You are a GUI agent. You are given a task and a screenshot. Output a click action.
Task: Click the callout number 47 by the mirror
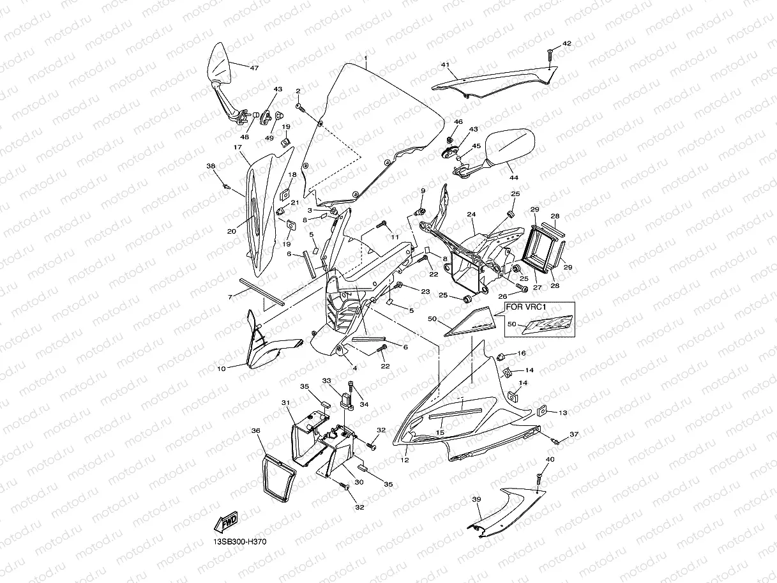(254, 68)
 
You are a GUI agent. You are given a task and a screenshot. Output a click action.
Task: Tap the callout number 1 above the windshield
(366, 58)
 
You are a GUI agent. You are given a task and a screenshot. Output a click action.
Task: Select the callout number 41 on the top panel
(445, 65)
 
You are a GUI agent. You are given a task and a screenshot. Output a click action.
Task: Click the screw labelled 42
(550, 56)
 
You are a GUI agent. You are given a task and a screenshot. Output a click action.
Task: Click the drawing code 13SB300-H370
(240, 542)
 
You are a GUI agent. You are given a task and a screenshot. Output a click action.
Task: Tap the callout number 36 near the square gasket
(256, 431)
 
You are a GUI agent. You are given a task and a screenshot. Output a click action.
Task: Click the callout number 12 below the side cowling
(404, 460)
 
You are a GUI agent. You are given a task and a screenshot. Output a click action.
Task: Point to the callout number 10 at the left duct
(222, 369)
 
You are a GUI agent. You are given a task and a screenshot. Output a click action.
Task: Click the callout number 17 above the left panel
(238, 147)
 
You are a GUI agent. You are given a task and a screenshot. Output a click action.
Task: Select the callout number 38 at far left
(211, 166)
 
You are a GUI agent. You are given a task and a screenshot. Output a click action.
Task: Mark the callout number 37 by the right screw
(573, 434)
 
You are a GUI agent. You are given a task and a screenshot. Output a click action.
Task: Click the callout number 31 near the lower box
(285, 403)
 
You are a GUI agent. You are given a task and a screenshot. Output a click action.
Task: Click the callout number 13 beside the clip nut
(562, 413)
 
